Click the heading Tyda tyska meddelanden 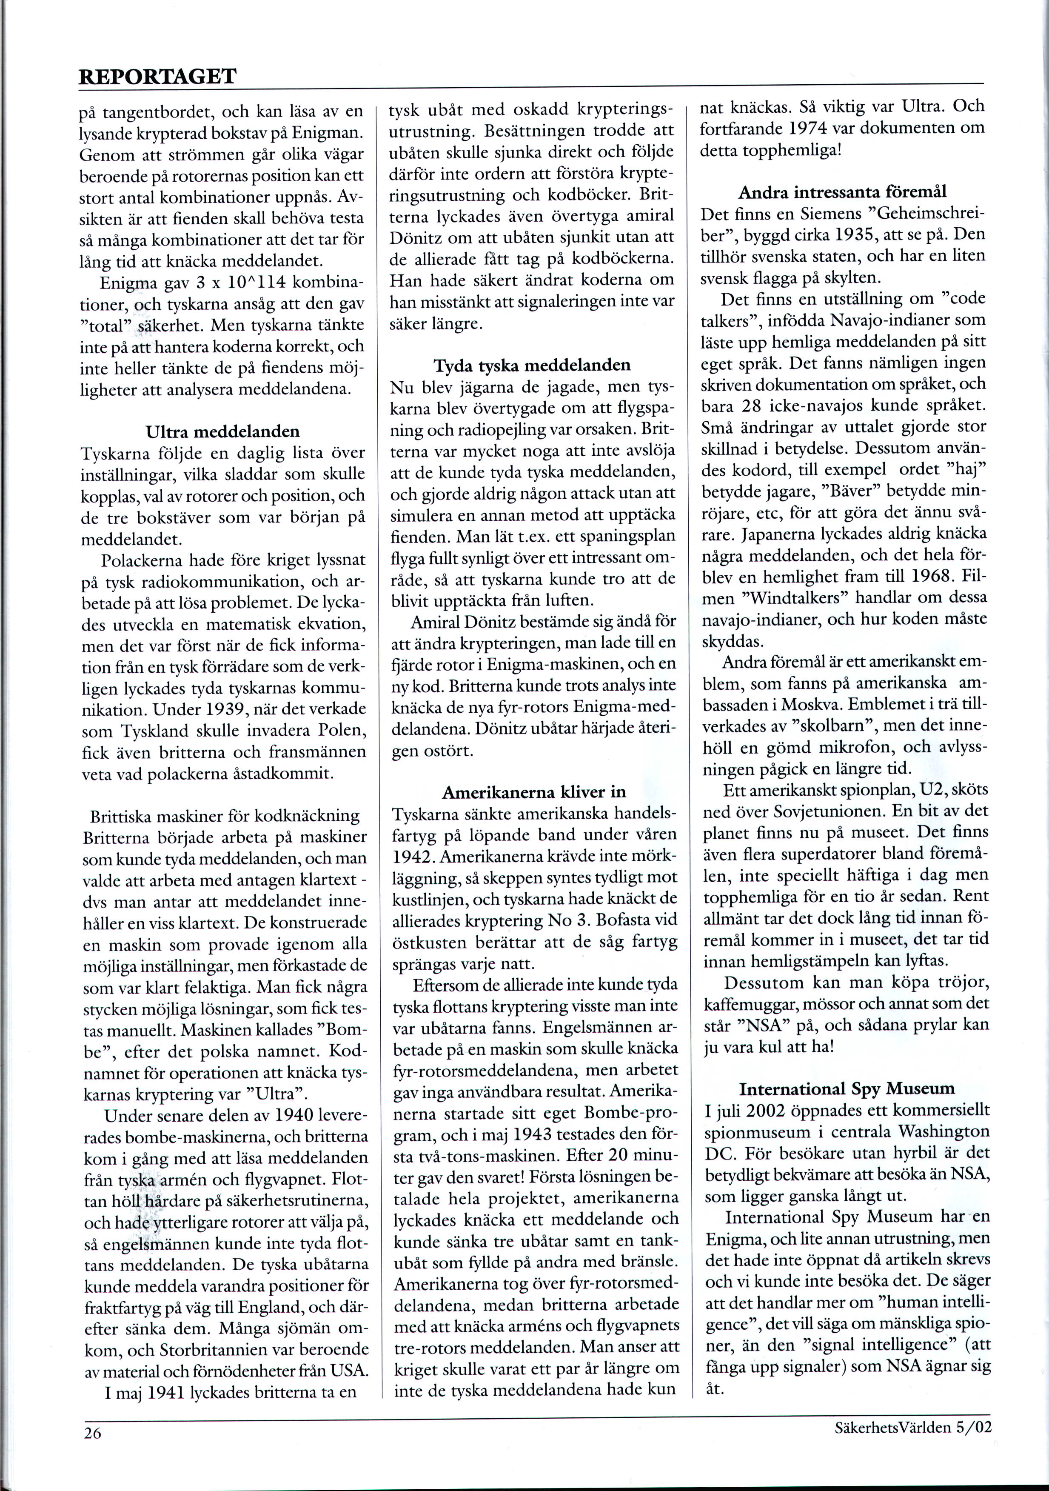532,366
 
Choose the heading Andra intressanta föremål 842,192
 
